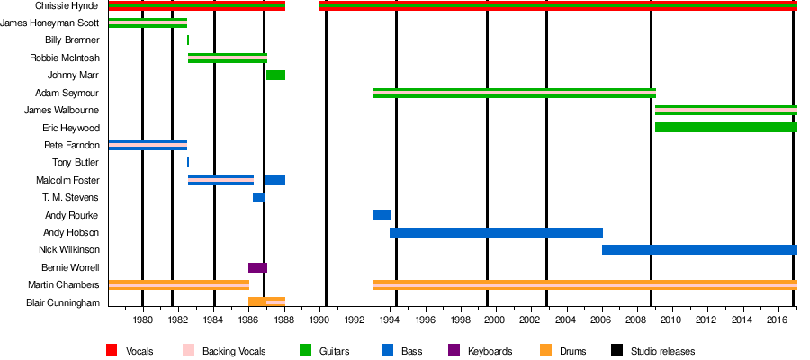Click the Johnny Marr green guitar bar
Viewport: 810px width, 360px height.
275,75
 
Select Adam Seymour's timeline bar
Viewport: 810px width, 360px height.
513,93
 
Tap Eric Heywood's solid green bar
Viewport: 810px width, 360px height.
725,128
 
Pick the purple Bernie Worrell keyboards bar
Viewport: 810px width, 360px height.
257,267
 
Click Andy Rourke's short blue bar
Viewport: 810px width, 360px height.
381,215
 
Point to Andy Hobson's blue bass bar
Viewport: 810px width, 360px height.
496,232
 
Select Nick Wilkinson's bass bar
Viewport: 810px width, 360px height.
699,249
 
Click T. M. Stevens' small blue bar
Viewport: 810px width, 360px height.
258,197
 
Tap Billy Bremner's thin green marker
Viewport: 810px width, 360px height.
188,40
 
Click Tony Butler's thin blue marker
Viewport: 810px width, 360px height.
188,163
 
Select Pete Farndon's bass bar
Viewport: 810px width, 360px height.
148,145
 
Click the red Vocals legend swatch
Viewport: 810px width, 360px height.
112,351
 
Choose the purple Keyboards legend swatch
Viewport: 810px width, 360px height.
454,351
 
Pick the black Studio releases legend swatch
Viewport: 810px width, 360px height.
616,351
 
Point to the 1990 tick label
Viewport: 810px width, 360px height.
319,319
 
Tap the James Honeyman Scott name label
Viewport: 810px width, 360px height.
51,23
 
